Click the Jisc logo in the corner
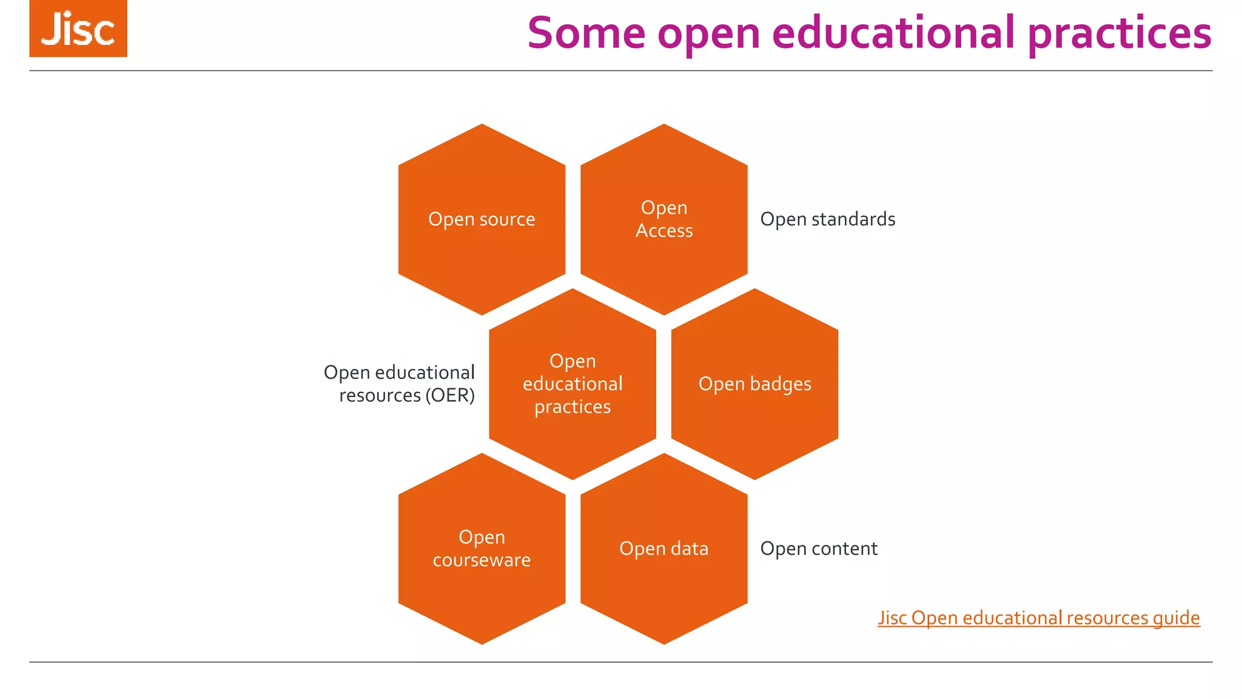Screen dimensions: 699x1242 coord(78,29)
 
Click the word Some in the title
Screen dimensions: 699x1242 coord(586,33)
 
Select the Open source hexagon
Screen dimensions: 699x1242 coord(482,219)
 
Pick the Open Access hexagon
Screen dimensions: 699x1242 coord(664,219)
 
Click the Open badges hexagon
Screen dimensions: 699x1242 coord(754,384)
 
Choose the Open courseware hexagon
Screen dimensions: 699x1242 coord(482,549)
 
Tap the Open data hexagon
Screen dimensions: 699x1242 coord(664,549)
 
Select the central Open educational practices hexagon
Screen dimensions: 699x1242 coord(572,384)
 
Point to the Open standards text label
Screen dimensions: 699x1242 coord(828,219)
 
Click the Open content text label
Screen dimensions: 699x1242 coord(819,549)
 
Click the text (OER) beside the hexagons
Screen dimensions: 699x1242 coord(450,396)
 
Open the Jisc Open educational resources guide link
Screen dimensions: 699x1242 coord(1038,618)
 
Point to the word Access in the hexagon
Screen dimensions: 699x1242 coord(664,231)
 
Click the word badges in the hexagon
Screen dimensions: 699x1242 coord(780,384)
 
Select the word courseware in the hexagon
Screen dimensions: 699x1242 coord(482,560)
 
